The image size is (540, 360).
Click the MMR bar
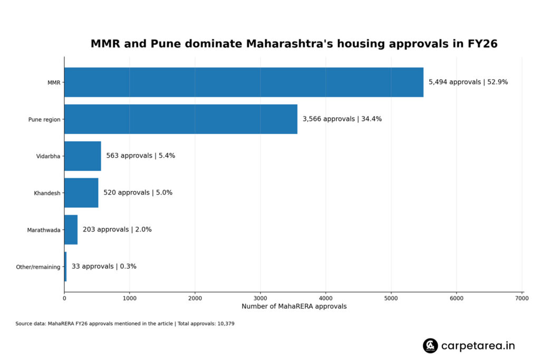click(x=244, y=82)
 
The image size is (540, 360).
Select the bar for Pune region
click(x=181, y=119)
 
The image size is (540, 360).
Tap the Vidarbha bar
click(x=83, y=156)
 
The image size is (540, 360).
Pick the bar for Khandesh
click(x=81, y=193)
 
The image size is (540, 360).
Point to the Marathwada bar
click(x=71, y=230)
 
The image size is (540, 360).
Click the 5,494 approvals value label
click(x=468, y=82)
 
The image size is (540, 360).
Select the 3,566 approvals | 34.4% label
click(x=342, y=119)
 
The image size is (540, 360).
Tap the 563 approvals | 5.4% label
click(x=140, y=156)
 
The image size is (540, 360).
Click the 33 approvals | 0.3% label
click(x=104, y=267)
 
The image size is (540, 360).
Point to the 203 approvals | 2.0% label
click(x=117, y=230)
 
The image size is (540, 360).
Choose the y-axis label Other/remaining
click(x=38, y=267)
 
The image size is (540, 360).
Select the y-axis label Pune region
click(x=44, y=120)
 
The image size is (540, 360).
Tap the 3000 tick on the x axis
click(x=261, y=298)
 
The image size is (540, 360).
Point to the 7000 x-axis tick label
click(x=522, y=298)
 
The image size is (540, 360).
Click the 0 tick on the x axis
click(x=64, y=298)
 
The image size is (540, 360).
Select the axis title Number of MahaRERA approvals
click(x=294, y=307)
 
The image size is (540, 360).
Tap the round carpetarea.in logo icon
click(x=430, y=346)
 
